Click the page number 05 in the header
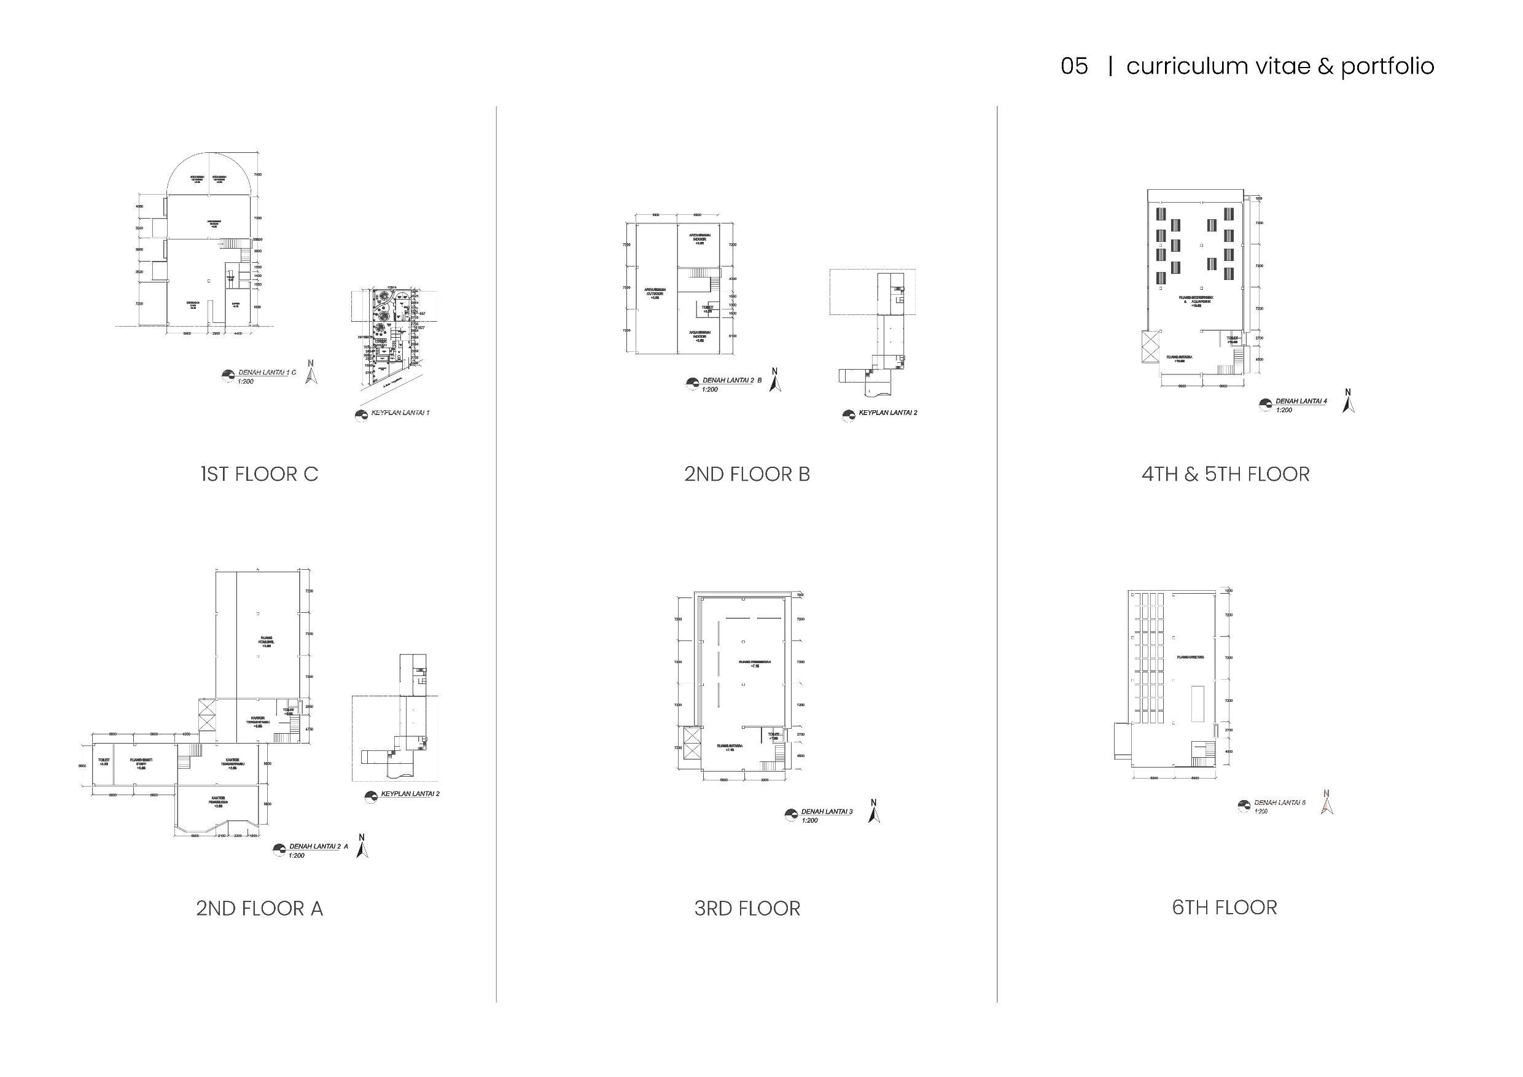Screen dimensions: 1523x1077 pyautogui.click(x=1074, y=66)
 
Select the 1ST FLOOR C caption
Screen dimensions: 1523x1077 pyautogui.click(x=259, y=474)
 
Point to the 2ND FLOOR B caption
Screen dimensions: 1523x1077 pyautogui.click(x=747, y=474)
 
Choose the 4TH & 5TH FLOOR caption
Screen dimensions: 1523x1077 pyautogui.click(x=1225, y=474)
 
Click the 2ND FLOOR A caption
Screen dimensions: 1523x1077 pyautogui.click(x=259, y=908)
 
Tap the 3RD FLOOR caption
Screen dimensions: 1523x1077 pyautogui.click(x=747, y=908)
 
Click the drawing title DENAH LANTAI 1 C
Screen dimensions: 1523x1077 pyautogui.click(x=267, y=373)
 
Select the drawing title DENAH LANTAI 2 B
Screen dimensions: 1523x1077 pyautogui.click(x=731, y=381)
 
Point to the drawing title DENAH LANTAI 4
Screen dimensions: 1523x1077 pyautogui.click(x=1301, y=401)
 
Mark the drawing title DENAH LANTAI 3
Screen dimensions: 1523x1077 pyautogui.click(x=827, y=812)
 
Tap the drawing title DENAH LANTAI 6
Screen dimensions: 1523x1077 pyautogui.click(x=1280, y=803)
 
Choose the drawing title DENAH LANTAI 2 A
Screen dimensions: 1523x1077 pyautogui.click(x=317, y=847)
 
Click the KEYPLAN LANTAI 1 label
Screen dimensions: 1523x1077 pyautogui.click(x=400, y=413)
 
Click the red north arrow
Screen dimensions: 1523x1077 pyautogui.click(x=1326, y=802)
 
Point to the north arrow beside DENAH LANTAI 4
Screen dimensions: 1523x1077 pyautogui.click(x=1347, y=401)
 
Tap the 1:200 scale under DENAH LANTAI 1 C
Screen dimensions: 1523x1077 pyautogui.click(x=245, y=381)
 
